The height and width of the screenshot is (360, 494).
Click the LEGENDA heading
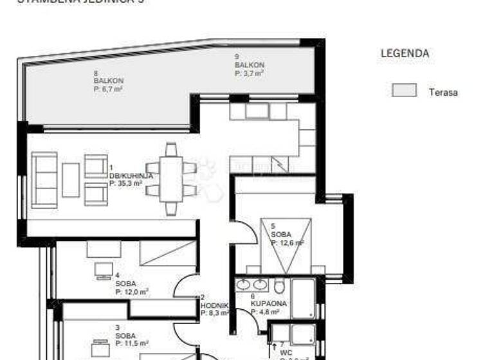click(405, 53)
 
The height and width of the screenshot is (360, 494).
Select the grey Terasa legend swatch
click(404, 91)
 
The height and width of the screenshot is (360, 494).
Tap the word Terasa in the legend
click(443, 92)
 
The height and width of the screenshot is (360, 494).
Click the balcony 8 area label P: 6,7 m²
click(108, 89)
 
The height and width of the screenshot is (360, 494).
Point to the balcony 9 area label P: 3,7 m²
click(250, 73)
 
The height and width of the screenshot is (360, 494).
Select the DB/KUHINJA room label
click(131, 175)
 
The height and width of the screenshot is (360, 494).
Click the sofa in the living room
click(44, 179)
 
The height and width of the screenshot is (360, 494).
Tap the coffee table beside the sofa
click(71, 179)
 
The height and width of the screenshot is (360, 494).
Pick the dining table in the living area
click(170, 179)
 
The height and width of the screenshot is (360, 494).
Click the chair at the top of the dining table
click(170, 150)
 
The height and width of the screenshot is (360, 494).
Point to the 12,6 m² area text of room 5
click(288, 243)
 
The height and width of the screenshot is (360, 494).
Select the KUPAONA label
click(269, 303)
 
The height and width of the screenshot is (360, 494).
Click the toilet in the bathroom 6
click(279, 285)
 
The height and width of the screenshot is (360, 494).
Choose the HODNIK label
click(213, 305)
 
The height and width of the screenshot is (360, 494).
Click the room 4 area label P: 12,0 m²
click(133, 291)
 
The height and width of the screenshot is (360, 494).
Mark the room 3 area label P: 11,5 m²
click(133, 343)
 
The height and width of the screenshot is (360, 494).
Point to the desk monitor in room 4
click(103, 269)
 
